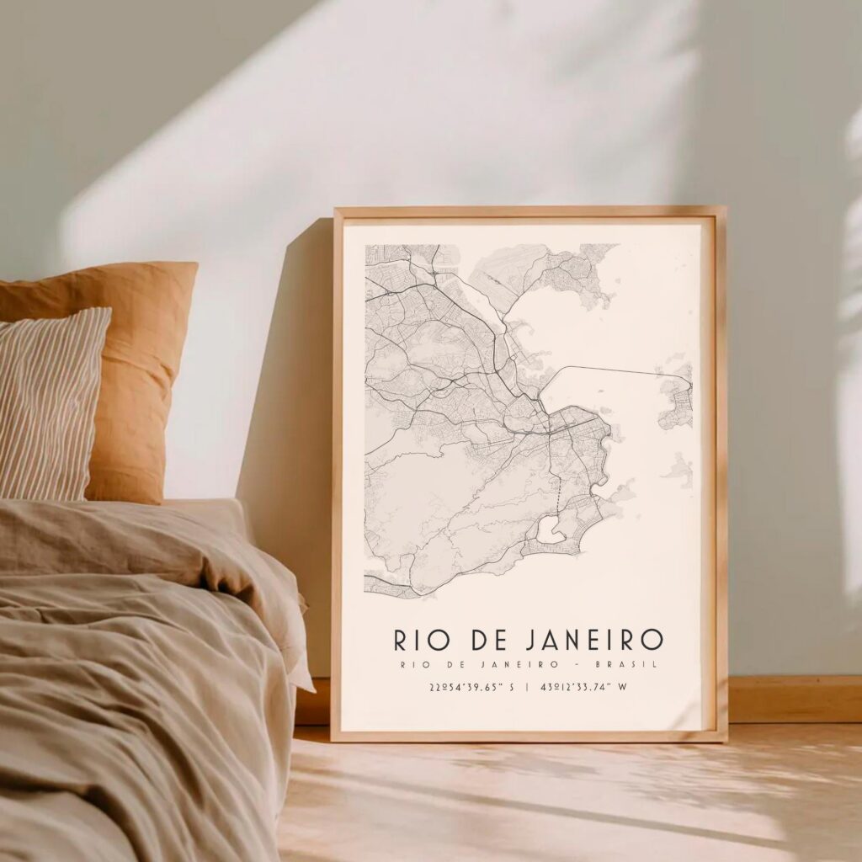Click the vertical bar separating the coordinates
(527, 687)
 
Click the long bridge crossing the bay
(615, 370)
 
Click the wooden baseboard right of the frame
(791, 699)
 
